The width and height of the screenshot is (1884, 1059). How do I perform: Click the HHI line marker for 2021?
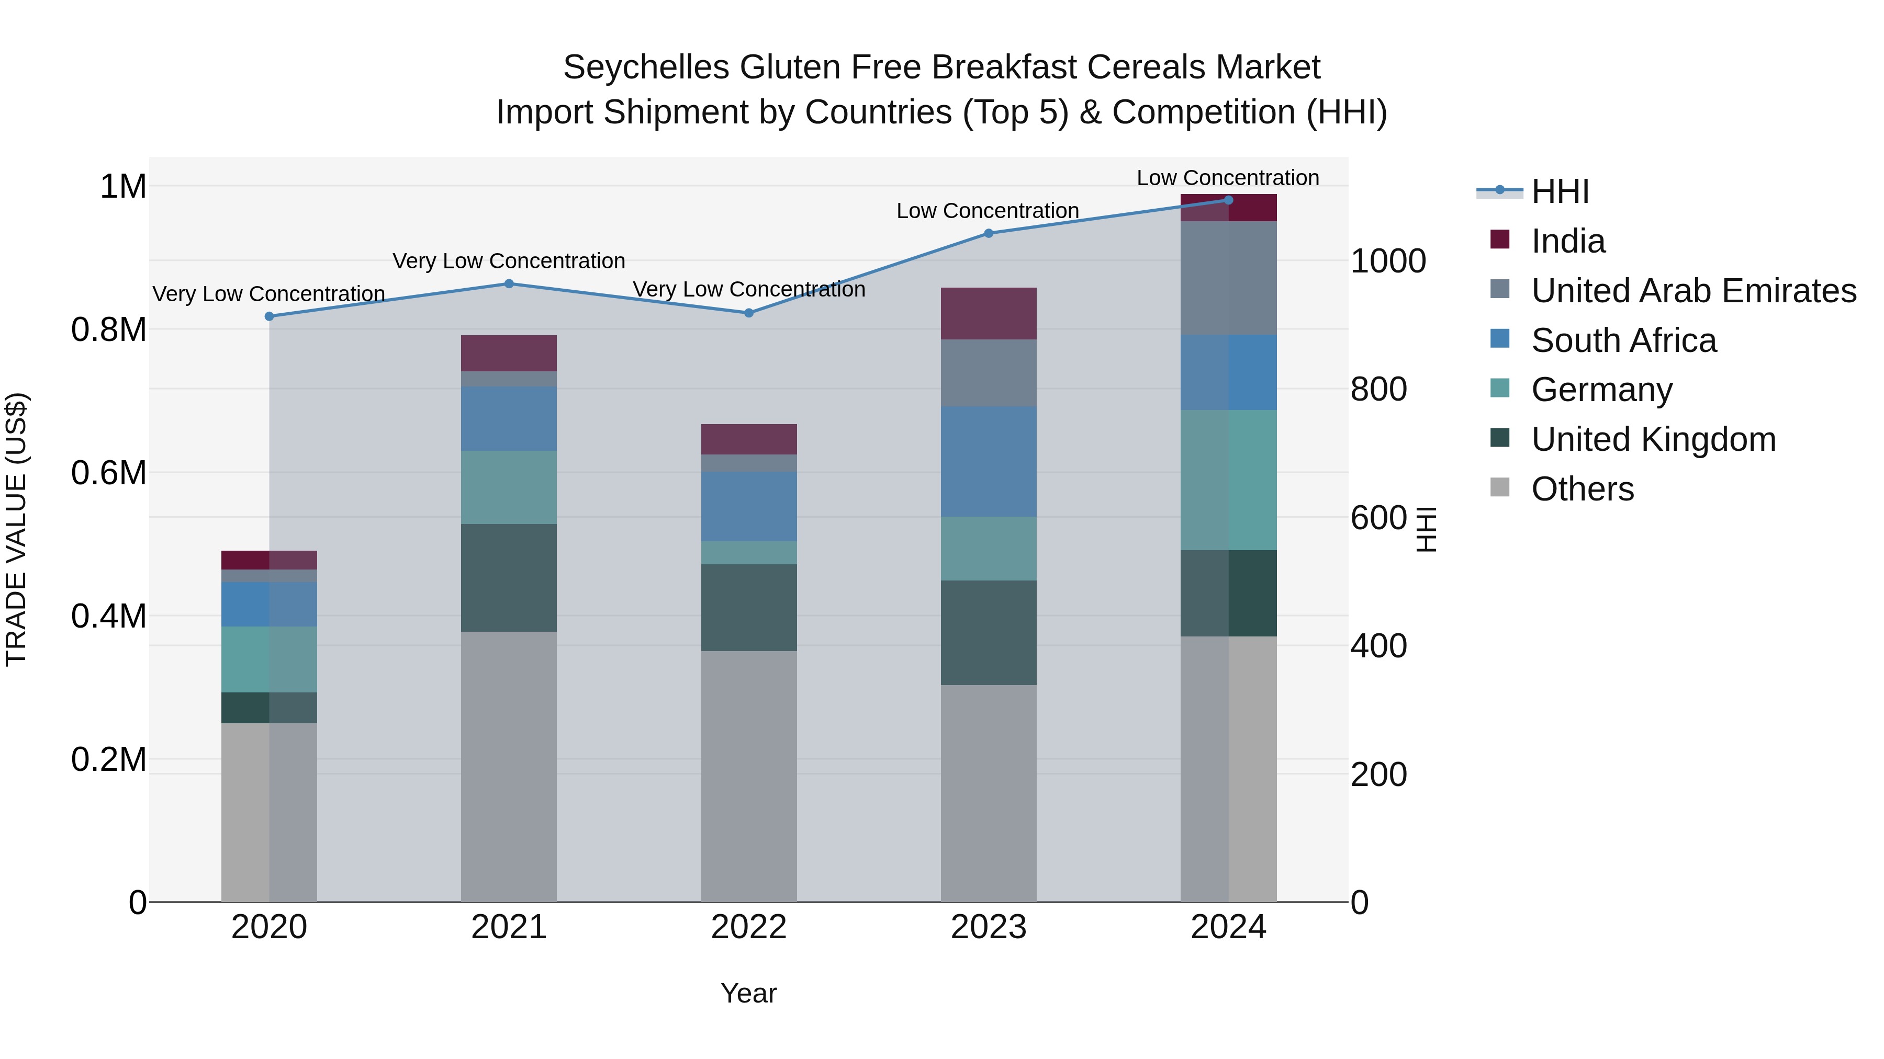[509, 283]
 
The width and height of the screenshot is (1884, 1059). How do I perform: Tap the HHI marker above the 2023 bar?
[988, 233]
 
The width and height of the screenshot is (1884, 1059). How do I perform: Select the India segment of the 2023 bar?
[988, 314]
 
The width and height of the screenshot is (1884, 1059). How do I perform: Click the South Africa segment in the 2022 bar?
[748, 506]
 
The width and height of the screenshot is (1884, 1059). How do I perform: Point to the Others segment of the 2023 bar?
[988, 793]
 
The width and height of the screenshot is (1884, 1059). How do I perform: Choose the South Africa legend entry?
[1623, 340]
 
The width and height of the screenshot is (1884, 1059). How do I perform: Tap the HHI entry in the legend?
[1560, 191]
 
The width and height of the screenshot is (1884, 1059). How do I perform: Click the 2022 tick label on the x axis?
[748, 927]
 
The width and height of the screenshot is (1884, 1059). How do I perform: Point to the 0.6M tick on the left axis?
[108, 473]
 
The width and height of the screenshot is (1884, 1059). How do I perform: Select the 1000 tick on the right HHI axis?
[1387, 261]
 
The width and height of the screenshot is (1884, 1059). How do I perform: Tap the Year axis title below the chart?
[748, 993]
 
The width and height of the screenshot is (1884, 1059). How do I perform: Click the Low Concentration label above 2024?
[1227, 178]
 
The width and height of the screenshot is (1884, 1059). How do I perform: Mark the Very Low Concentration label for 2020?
[268, 294]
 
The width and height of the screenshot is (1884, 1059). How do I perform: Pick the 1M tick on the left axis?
[123, 186]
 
